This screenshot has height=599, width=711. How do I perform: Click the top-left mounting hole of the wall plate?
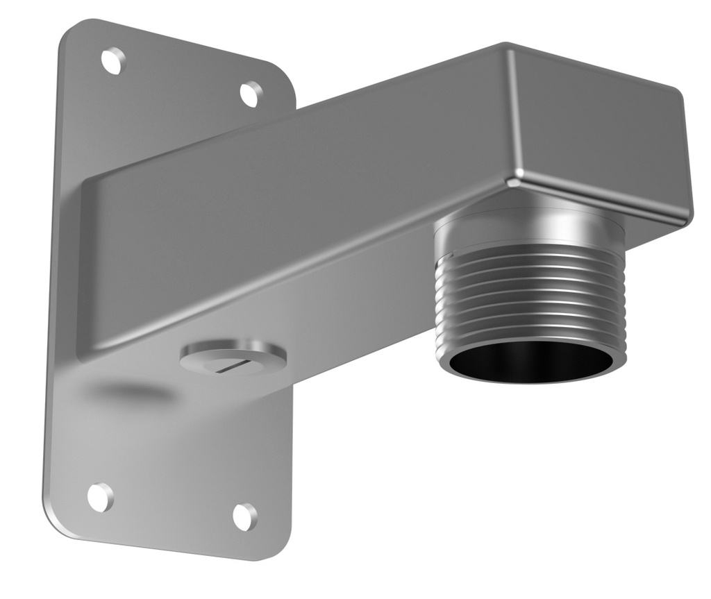coord(113,60)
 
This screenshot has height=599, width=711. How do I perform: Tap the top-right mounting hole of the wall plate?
coord(251,94)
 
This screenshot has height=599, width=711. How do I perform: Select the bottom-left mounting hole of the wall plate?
coord(100,497)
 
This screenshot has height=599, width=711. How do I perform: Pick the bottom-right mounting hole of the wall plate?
coord(244,516)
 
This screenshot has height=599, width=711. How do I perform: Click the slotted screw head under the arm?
coord(233,357)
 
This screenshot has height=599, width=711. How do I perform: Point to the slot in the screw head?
coord(229,364)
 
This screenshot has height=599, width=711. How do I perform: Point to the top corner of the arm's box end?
coord(506,48)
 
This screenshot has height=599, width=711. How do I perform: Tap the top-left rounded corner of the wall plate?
coord(69,31)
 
